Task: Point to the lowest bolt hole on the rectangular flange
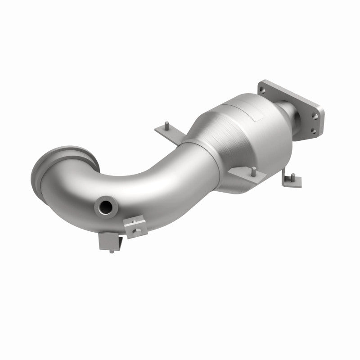coord(312,131)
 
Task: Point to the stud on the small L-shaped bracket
coord(292,174)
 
